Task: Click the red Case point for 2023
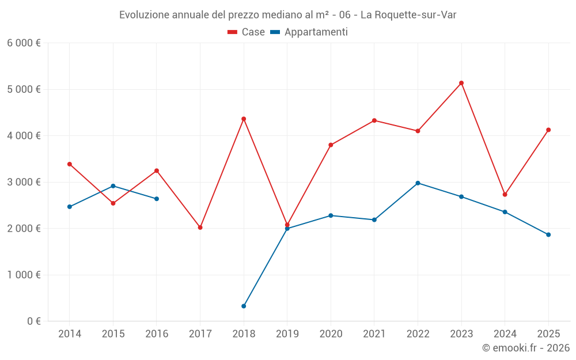461,83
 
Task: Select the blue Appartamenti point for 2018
244,306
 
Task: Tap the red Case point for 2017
200,228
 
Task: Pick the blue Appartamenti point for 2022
418,183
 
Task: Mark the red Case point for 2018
244,119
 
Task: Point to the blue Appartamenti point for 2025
548,234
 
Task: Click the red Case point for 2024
505,194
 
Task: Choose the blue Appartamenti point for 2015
113,186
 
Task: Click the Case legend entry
246,32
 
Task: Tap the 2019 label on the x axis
287,334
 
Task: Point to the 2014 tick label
70,334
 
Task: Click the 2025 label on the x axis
548,334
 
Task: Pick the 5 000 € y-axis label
24,89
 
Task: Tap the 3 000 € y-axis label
24,182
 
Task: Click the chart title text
287,15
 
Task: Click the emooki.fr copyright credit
526,348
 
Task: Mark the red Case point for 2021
374,120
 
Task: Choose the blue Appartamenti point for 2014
70,206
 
